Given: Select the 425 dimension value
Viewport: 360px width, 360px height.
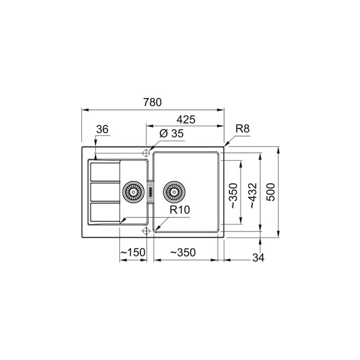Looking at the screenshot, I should click(x=185, y=119).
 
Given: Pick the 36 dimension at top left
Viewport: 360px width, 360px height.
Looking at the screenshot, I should click(x=102, y=129).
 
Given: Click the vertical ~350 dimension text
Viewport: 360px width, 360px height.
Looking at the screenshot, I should click(x=233, y=195).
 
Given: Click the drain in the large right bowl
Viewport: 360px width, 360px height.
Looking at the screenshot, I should click(x=174, y=191).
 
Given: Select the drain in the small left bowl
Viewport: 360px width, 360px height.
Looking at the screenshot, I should click(x=133, y=191).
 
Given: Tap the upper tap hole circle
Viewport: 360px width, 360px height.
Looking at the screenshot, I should click(x=146, y=152).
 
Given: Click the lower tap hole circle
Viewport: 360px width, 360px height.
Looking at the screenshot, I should click(x=146, y=230).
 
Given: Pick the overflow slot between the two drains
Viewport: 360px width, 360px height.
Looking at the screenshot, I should click(x=149, y=191).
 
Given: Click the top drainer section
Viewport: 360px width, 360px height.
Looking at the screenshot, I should click(x=105, y=171).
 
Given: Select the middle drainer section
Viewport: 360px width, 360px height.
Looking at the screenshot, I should click(x=105, y=191).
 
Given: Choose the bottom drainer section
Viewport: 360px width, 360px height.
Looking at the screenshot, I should click(x=105, y=212).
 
